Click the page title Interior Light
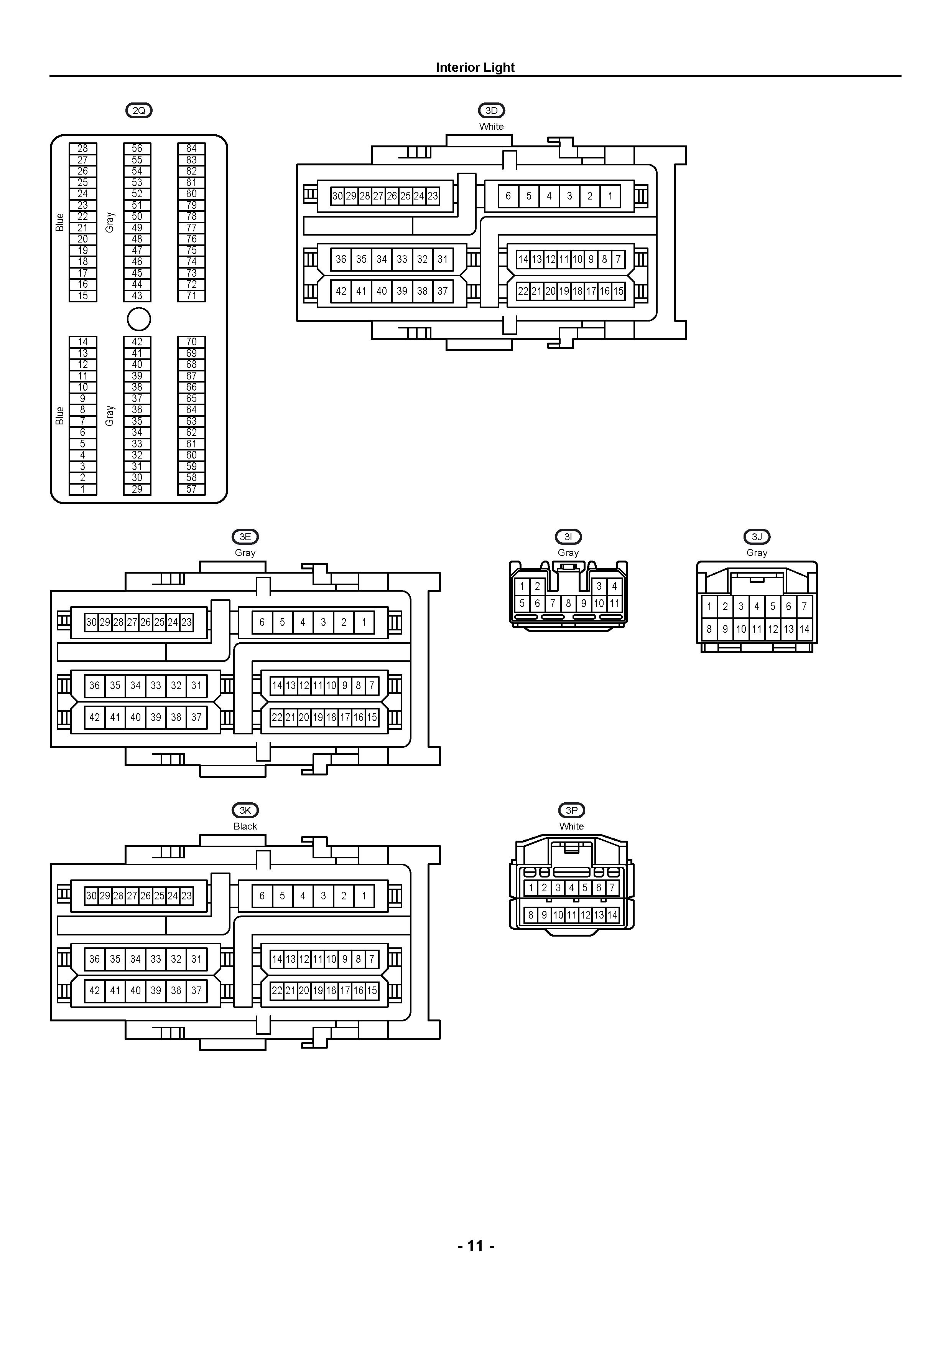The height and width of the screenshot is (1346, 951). click(x=475, y=68)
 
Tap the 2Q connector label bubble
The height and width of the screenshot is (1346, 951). click(x=139, y=110)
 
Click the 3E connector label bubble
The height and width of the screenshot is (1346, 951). click(x=245, y=536)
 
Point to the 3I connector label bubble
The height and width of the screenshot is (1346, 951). click(x=568, y=536)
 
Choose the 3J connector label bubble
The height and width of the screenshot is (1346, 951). click(x=757, y=536)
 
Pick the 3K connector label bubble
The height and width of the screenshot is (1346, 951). click(x=245, y=810)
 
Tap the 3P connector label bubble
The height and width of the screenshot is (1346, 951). click(x=571, y=810)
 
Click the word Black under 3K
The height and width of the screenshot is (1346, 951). click(x=245, y=826)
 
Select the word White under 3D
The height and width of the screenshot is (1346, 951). click(x=491, y=126)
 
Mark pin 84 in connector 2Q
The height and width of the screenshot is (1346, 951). click(x=192, y=148)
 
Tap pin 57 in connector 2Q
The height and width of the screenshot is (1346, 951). click(x=192, y=489)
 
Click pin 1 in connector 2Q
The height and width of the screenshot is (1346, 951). click(x=82, y=489)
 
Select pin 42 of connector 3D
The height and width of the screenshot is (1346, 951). click(x=341, y=291)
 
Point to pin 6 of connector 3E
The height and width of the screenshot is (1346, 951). click(x=262, y=622)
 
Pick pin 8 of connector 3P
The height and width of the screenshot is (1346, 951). click(x=531, y=914)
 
